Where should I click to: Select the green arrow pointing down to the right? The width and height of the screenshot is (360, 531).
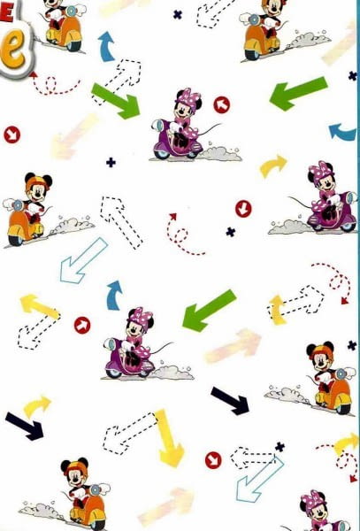pos(116,100)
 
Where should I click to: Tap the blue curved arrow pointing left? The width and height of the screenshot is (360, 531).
pos(342,132)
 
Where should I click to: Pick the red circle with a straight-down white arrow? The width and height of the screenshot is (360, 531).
pos(243,208)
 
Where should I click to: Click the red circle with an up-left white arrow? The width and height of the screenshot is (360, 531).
pos(221,105)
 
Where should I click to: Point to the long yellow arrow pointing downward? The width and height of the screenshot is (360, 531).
pos(168,437)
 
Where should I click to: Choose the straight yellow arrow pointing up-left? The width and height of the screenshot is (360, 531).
pos(40,305)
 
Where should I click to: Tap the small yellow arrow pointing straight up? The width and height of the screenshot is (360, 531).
pos(277,309)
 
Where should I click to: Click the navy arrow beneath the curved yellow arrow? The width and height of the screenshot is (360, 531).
pos(24,426)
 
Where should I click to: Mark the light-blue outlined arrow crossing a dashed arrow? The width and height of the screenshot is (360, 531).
pos(259,479)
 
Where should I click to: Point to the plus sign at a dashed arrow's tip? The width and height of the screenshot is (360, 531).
pos(280,447)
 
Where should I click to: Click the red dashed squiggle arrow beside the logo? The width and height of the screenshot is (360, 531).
pos(55,86)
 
